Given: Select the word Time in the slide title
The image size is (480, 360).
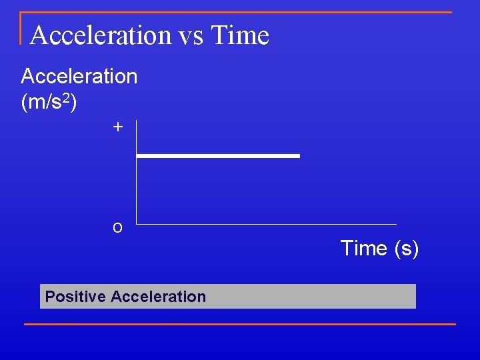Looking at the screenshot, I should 239,35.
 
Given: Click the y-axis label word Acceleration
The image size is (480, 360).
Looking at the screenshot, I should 79,77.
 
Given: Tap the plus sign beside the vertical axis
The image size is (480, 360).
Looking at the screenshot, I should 118,127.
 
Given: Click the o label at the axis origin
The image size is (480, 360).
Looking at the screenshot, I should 117,227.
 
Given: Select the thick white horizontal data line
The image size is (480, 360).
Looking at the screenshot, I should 218,156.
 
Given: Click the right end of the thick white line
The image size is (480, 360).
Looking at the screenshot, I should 299,156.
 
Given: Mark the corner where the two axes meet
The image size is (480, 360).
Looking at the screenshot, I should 136,224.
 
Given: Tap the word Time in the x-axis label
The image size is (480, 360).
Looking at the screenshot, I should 364,249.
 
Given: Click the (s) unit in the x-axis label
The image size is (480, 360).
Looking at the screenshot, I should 406,249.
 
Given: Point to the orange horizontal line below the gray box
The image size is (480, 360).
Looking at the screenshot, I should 240,325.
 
